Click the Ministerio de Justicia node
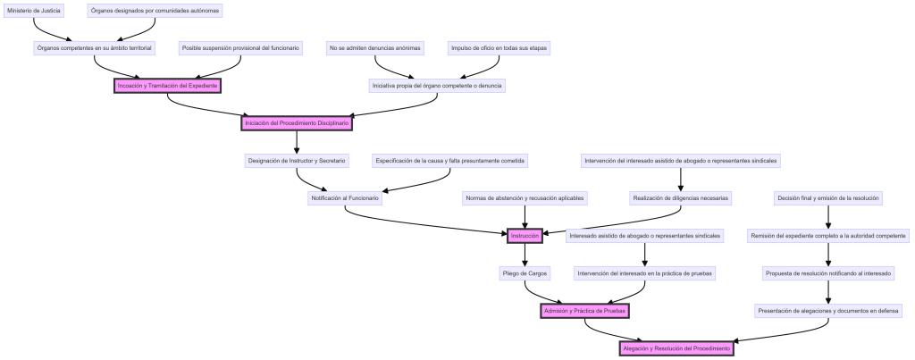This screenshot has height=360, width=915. [x=34, y=11]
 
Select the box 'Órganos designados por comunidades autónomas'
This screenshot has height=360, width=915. [x=155, y=11]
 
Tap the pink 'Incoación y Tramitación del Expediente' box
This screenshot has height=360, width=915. [x=167, y=86]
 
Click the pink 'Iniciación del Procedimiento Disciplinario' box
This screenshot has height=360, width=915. [x=297, y=123]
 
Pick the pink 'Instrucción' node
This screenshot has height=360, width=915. [x=524, y=236]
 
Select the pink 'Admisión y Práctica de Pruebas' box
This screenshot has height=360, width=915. [x=585, y=311]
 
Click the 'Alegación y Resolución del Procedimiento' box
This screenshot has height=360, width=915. [x=676, y=348]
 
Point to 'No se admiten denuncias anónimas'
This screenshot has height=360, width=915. [x=374, y=48]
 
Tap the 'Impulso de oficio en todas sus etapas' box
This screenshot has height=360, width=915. [x=499, y=48]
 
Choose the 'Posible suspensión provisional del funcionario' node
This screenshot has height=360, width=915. [x=240, y=48]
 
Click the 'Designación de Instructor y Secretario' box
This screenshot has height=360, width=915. [x=296, y=161]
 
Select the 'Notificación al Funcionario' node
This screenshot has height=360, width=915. [x=345, y=198]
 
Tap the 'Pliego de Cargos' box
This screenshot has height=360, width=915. [x=525, y=273]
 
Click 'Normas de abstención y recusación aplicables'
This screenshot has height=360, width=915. [x=524, y=198]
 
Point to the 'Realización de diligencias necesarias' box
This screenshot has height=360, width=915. [x=680, y=198]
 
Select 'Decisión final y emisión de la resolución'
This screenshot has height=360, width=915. [x=828, y=198]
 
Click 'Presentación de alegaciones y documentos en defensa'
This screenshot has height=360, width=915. [x=828, y=311]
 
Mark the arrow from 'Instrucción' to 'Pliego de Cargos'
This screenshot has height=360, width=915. [x=525, y=255]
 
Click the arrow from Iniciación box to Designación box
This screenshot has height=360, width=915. [x=297, y=142]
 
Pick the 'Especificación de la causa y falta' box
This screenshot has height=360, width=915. [x=450, y=161]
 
